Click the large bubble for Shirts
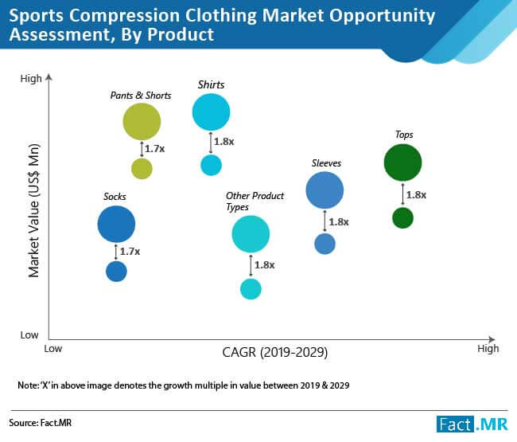[211, 112]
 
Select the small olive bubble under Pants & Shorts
[142, 168]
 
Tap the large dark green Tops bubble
[402, 163]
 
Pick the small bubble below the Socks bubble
[116, 272]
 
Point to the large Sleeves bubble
[325, 190]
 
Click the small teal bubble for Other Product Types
[251, 288]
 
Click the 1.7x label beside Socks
[130, 251]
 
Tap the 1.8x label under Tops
[416, 194]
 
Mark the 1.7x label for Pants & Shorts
[154, 148]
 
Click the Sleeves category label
[326, 163]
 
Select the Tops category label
[404, 135]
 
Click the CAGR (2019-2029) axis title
[275, 351]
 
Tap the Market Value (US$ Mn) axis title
[33, 210]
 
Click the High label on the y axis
[31, 78]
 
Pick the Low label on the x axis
[53, 348]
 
